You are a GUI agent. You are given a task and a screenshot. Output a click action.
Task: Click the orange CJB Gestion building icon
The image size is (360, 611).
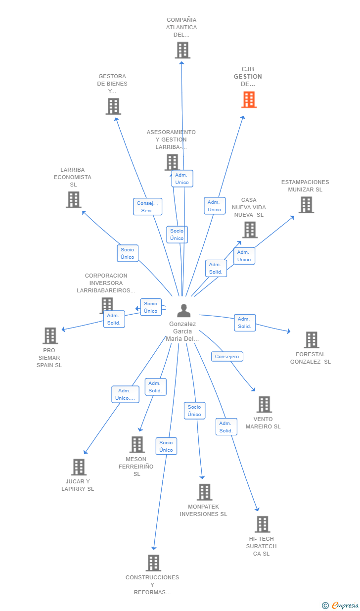pyautogui.click(x=249, y=100)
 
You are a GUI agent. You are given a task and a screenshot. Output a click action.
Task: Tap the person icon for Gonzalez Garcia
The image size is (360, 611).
pyautogui.click(x=183, y=311)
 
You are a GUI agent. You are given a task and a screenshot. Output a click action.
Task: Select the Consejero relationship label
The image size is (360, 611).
pyautogui.click(x=227, y=356)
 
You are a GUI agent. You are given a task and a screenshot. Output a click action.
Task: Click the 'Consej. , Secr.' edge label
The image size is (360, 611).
pyautogui.click(x=147, y=207)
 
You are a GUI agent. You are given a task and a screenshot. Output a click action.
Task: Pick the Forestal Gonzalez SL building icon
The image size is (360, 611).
pyautogui.click(x=312, y=340)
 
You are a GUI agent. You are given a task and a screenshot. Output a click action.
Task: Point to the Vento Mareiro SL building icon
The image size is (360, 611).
pyautogui.click(x=264, y=404)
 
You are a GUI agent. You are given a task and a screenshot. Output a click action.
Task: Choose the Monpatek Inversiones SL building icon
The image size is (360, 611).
pyautogui.click(x=204, y=492)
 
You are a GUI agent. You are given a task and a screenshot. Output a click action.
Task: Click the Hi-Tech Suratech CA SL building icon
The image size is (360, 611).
pyautogui.click(x=262, y=524)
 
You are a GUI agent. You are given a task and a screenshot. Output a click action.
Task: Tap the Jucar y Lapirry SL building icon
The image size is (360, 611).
pyautogui.click(x=79, y=467)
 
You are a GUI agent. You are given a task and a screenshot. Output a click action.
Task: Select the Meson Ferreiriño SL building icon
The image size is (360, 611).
pyautogui.click(x=137, y=445)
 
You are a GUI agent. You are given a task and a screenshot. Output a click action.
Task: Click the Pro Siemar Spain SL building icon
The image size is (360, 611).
pyautogui.click(x=50, y=336)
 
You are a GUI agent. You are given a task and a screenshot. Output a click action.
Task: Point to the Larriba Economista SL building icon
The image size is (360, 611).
pyautogui.click(x=73, y=200)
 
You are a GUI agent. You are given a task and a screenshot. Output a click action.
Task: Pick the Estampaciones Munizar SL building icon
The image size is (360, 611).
pyautogui.click(x=306, y=205)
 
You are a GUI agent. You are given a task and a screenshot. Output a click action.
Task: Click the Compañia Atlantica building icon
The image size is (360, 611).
pyautogui.click(x=182, y=50)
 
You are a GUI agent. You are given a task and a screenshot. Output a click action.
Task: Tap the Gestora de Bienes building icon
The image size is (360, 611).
pyautogui.click(x=113, y=106)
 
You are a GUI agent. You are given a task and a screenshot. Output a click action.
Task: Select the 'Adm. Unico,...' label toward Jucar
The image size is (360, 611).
pyautogui.click(x=125, y=394)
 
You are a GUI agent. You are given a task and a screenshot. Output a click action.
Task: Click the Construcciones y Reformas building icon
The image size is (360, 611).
pyautogui.click(x=153, y=563)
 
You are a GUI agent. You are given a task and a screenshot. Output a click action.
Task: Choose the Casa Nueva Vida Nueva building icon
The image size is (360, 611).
pyautogui.click(x=250, y=230)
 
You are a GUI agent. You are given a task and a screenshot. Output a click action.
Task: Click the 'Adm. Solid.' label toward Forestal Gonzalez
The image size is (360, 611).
pyautogui.click(x=245, y=323)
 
